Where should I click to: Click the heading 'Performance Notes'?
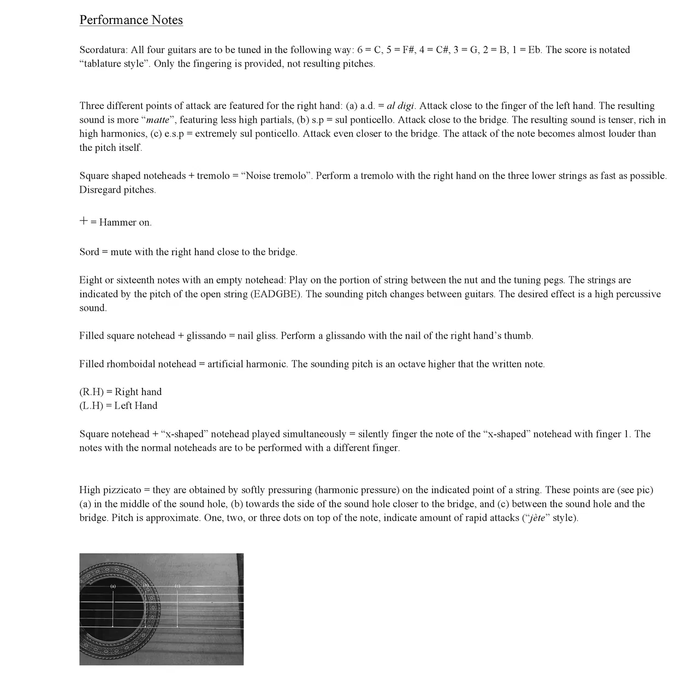coord(131,20)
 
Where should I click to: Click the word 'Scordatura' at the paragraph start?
coord(103,50)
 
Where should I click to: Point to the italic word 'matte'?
coord(158,120)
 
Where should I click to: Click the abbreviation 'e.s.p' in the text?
coord(174,134)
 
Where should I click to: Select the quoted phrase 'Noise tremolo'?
coord(275,176)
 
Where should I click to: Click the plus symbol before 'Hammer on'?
coord(84,221)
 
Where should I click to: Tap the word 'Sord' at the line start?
coord(89,252)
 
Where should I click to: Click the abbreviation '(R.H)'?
coord(91,392)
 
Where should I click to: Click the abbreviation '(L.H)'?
coord(91,406)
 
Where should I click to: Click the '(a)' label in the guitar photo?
coord(113,586)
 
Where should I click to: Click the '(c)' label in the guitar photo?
coord(177,586)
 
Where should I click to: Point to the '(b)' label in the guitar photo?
coord(146,586)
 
